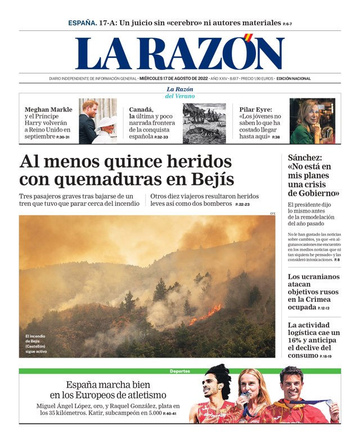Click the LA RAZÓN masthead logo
[x=180, y=54]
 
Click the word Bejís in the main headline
[x=212, y=179]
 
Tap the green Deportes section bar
[x=180, y=371]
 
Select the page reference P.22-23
[x=242, y=205]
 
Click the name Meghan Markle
[x=48, y=110]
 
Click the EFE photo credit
[x=272, y=213]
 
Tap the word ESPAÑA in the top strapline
[x=82, y=23]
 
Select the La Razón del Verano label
[x=180, y=93]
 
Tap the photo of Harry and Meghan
[x=98, y=121]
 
